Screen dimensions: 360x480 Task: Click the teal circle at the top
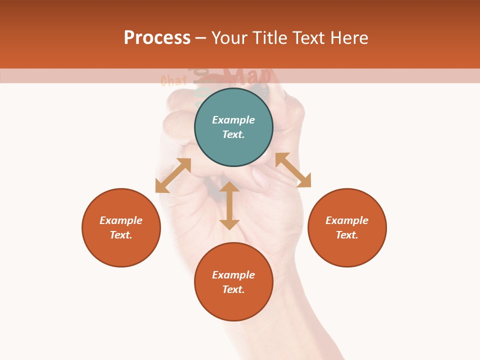click(x=233, y=127)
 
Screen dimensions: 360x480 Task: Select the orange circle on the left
click(x=121, y=227)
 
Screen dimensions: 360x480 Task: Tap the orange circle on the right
click(x=347, y=227)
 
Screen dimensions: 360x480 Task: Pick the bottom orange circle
click(x=233, y=281)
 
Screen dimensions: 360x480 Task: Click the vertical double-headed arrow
click(x=229, y=205)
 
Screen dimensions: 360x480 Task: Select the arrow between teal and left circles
click(x=173, y=175)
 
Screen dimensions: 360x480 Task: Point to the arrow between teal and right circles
click(x=293, y=170)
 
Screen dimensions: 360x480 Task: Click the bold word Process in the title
click(x=157, y=38)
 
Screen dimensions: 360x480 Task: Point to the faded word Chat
click(x=173, y=80)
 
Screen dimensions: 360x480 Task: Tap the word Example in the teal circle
click(x=233, y=120)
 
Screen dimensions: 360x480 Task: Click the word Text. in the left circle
click(x=121, y=235)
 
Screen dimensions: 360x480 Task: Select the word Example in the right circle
click(x=347, y=220)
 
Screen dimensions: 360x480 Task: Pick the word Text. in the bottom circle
click(x=233, y=289)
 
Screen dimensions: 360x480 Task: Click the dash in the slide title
click(x=201, y=38)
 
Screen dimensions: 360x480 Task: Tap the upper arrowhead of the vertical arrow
click(x=229, y=187)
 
